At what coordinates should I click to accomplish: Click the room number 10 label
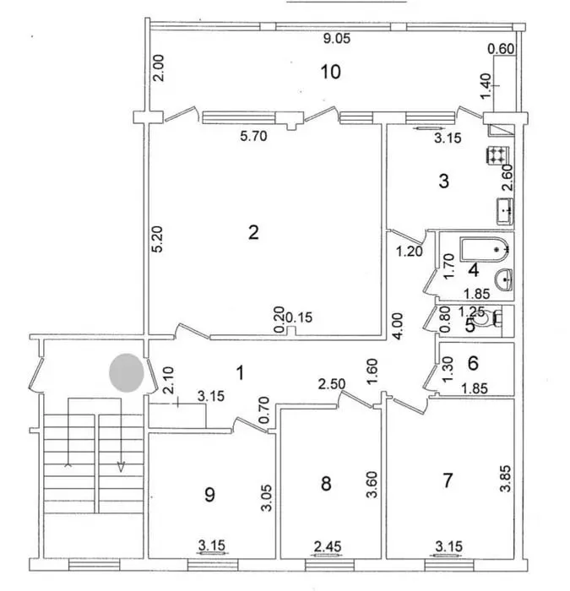[x=331, y=72]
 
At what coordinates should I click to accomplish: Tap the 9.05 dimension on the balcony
[x=337, y=39]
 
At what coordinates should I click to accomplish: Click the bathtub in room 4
[x=485, y=249]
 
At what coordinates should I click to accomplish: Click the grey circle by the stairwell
[x=127, y=373]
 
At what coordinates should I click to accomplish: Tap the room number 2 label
[x=253, y=232]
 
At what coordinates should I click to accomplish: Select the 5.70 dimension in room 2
[x=253, y=136]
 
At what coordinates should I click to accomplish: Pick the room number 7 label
[x=448, y=480]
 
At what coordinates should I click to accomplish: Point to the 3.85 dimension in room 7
[x=505, y=479]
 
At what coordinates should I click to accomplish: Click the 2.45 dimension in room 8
[x=328, y=546]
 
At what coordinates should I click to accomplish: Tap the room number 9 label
[x=209, y=494]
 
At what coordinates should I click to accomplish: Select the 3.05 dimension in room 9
[x=267, y=497]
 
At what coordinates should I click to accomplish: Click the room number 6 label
[x=473, y=363]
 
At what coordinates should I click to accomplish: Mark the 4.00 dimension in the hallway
[x=398, y=327]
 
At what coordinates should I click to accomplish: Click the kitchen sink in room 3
[x=505, y=211]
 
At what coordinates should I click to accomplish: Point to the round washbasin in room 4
[x=503, y=279]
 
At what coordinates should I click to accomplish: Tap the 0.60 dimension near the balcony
[x=501, y=49]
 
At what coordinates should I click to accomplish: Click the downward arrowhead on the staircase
[x=121, y=467]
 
